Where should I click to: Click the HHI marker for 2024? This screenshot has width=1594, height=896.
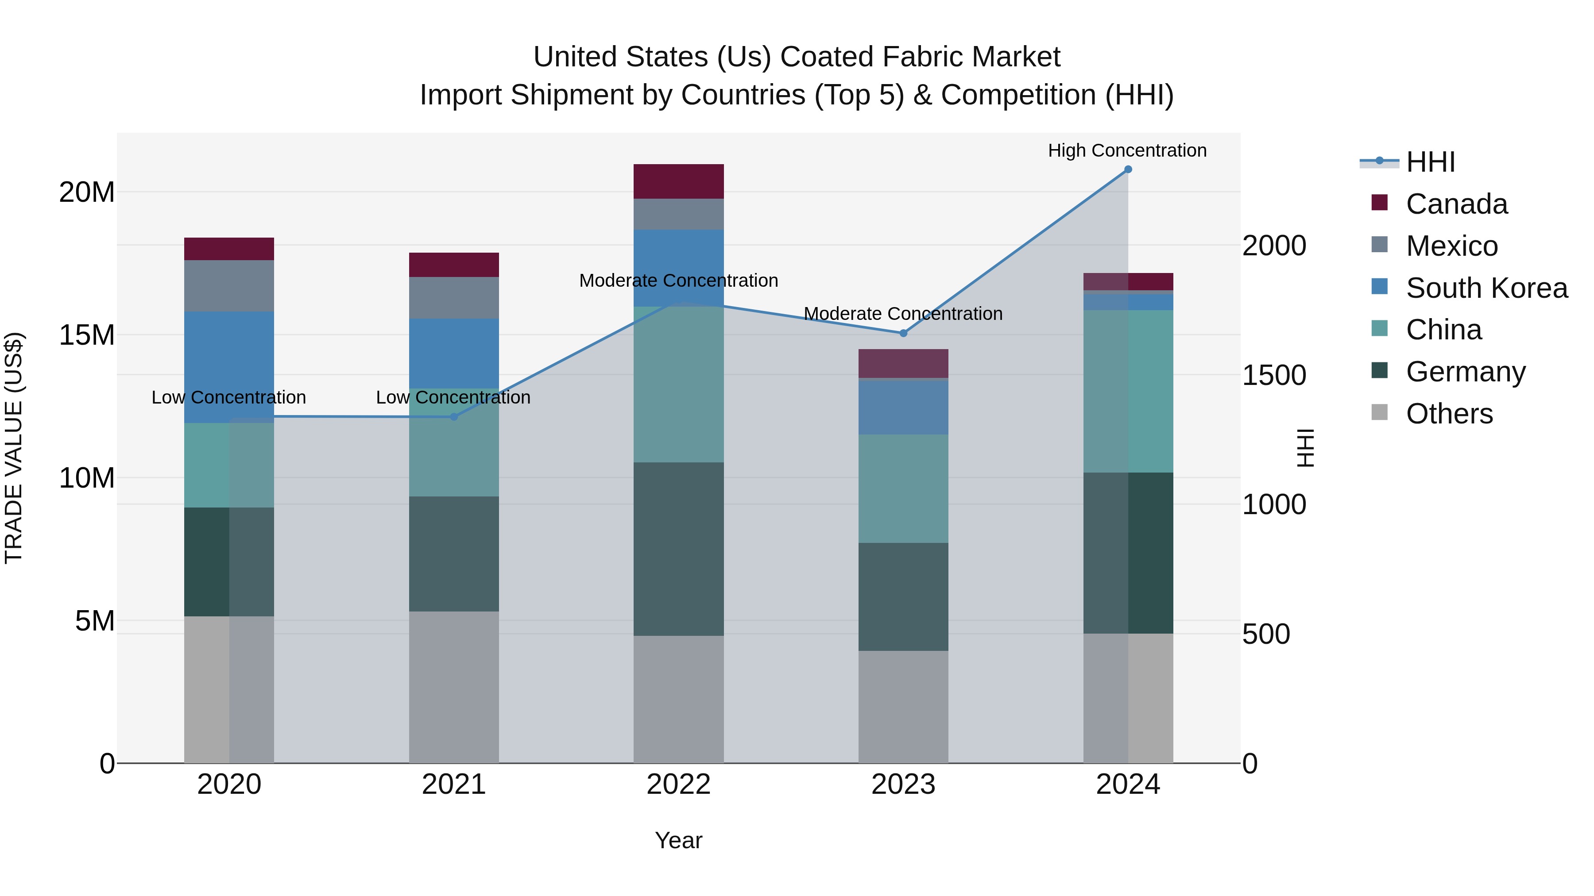1127,169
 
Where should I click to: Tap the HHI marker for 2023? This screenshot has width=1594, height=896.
903,333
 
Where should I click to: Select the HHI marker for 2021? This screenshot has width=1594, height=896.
453,417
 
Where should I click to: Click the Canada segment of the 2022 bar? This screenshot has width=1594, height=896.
678,181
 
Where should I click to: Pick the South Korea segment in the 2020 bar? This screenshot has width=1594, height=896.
229,367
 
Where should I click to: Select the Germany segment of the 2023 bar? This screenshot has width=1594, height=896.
903,597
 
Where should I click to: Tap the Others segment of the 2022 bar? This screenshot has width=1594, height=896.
678,699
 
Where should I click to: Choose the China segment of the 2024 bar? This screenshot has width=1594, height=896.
1127,392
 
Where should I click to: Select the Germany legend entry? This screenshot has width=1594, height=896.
1465,372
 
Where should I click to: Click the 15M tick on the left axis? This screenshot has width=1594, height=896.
87,335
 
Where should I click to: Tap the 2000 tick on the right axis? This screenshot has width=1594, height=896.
1274,246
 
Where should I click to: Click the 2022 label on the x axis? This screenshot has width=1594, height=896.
678,784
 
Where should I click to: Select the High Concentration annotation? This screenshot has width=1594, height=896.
1127,150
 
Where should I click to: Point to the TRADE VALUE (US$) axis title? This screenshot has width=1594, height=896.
14,448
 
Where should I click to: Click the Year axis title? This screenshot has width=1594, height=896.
678,840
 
